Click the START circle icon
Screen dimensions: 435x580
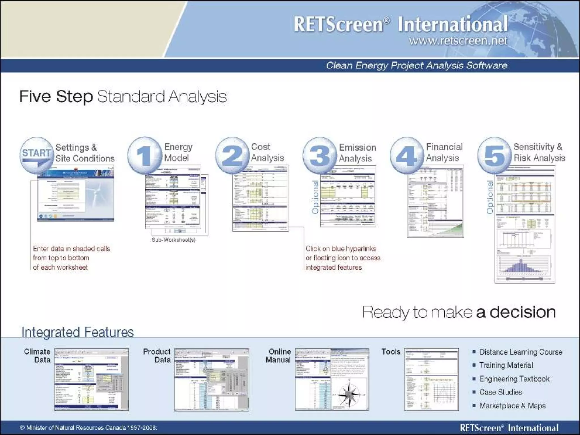pyautogui.click(x=37, y=155)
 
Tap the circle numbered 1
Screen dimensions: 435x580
pyautogui.click(x=144, y=155)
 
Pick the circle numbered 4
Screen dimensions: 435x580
pyautogui.click(x=407, y=155)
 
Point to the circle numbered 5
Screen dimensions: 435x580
pyautogui.click(x=494, y=155)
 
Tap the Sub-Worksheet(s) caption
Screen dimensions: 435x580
pyautogui.click(x=174, y=240)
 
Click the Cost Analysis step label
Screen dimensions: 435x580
pyautogui.click(x=267, y=152)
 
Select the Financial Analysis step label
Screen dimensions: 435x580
pyautogui.click(x=444, y=152)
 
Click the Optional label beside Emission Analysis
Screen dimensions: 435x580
pyautogui.click(x=315, y=197)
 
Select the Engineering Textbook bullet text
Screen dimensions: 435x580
pyautogui.click(x=514, y=379)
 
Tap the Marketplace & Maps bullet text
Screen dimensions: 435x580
pyautogui.click(x=512, y=406)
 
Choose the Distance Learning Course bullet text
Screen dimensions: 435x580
pyautogui.click(x=521, y=352)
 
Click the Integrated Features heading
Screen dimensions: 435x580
pyautogui.click(x=78, y=332)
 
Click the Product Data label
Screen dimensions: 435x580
pyautogui.click(x=157, y=356)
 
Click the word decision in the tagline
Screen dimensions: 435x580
pyautogui.click(x=523, y=312)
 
